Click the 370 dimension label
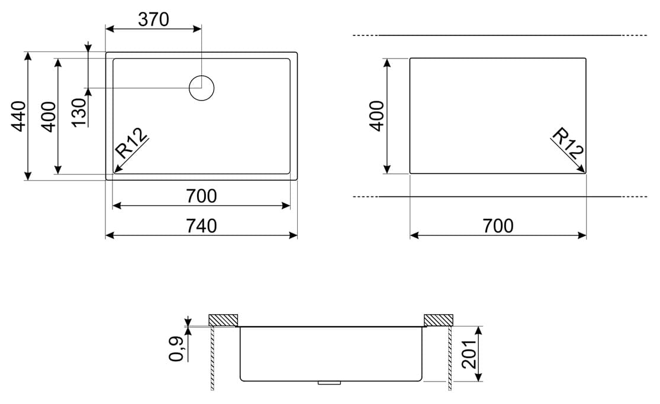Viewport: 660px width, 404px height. (x=154, y=20)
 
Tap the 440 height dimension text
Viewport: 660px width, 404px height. (x=19, y=116)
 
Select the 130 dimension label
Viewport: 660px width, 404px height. (x=79, y=112)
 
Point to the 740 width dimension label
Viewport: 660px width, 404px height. (x=201, y=226)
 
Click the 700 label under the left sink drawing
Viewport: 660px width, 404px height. (x=201, y=196)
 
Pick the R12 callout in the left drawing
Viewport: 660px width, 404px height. (x=131, y=143)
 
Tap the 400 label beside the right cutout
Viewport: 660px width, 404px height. (x=376, y=116)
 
